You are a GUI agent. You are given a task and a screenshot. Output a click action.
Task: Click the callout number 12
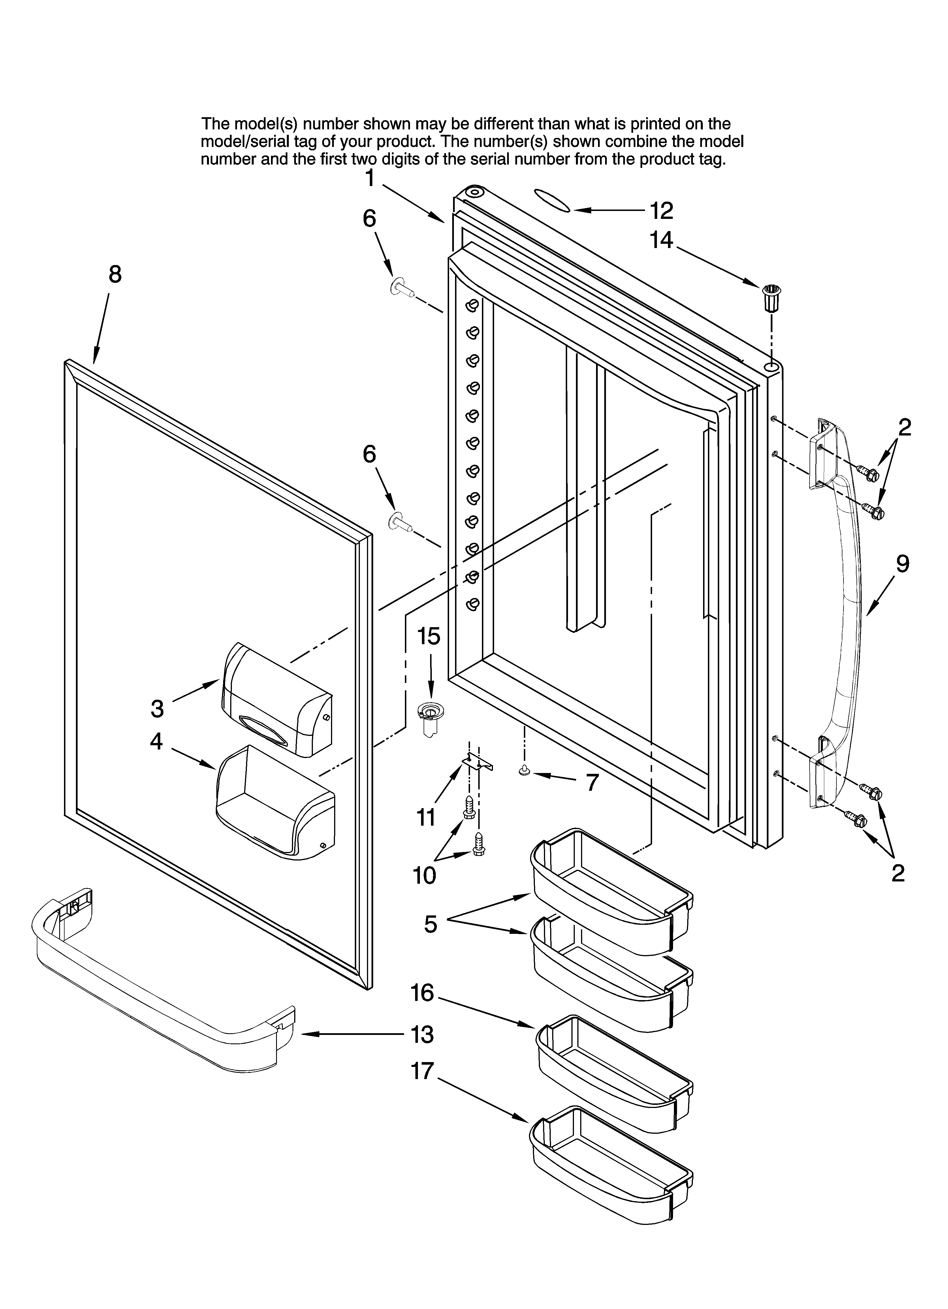662,211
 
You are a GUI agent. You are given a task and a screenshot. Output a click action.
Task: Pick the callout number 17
422,1071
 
